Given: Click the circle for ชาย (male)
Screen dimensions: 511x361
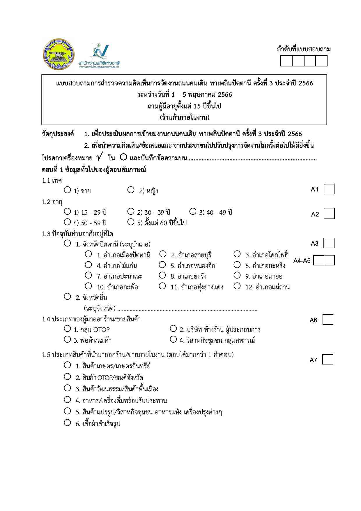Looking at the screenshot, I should coord(67,190).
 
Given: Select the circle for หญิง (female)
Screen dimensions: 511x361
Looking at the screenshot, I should coord(131,190).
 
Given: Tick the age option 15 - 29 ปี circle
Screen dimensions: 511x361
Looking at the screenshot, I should coord(67,211).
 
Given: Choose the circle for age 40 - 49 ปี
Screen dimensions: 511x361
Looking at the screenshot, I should coord(193,211).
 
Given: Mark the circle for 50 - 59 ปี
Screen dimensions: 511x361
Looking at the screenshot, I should coord(67,222).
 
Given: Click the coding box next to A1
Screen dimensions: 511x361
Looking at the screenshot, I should coord(329,189).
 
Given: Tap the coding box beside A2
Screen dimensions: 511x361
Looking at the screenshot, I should coord(329,214).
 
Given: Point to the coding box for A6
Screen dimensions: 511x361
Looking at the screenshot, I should coord(328,320).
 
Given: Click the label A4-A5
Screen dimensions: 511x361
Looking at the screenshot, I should coord(302,261).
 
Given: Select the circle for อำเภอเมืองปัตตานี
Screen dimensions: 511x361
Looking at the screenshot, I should coord(88,254).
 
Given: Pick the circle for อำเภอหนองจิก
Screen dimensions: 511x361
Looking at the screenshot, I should coord(162,265).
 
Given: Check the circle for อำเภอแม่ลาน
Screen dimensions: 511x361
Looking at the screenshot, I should coord(237,286).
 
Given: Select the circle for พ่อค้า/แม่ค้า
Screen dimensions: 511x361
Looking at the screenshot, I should coord(67,339).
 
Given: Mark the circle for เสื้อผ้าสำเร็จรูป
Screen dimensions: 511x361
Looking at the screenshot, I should coord(67,422).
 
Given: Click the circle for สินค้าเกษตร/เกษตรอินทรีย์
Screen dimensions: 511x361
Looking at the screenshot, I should coord(67,365).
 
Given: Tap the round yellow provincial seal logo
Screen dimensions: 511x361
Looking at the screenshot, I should coord(58,54).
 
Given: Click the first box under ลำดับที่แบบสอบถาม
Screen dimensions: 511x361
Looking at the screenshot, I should coord(286,61).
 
